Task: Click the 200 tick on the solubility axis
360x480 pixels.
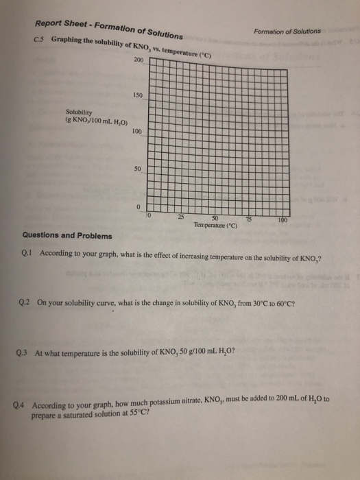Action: coord(140,60)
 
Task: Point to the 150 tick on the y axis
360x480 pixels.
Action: coord(139,95)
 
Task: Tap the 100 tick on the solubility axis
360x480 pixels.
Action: coord(137,131)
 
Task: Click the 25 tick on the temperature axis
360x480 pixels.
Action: coord(180,217)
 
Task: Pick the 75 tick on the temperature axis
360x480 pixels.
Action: coord(250,219)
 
